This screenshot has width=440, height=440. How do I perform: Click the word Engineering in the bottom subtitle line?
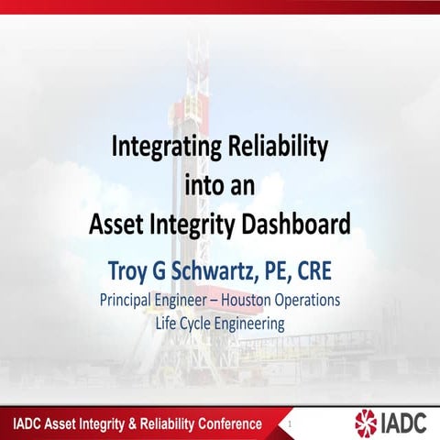256,322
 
